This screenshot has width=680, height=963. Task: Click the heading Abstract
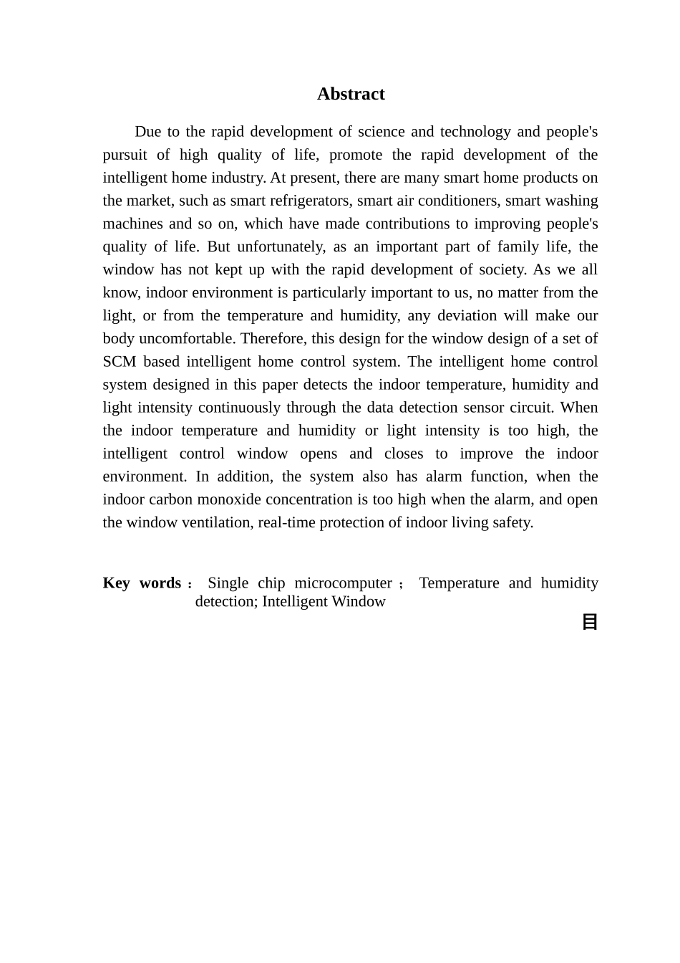[351, 94]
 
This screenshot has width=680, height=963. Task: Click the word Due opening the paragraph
[148, 131]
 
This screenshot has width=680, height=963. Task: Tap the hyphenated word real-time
[287, 522]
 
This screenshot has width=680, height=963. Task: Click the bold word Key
[116, 583]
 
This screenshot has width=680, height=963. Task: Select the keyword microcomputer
[343, 583]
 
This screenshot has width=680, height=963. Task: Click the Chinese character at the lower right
[590, 621]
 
